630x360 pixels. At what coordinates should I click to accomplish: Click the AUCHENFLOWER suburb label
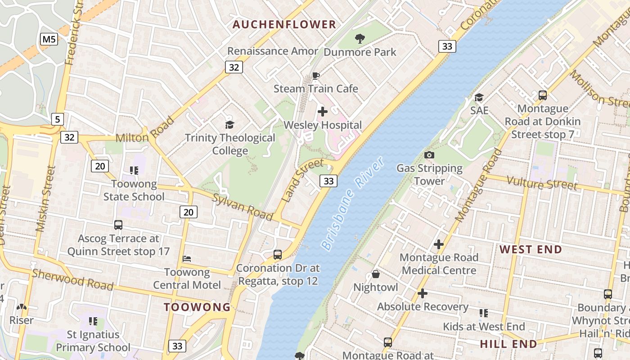pyautogui.click(x=284, y=24)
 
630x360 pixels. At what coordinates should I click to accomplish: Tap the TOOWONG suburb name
pyautogui.click(x=197, y=307)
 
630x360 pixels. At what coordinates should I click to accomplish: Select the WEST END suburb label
pyautogui.click(x=531, y=249)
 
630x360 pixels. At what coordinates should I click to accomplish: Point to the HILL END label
pyautogui.click(x=508, y=344)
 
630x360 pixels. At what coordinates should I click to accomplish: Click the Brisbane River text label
pyautogui.click(x=353, y=204)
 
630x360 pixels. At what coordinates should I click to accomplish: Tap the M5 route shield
pyautogui.click(x=49, y=39)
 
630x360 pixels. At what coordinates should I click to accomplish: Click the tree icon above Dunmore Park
pyautogui.click(x=360, y=39)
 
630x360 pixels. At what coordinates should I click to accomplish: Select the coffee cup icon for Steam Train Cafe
pyautogui.click(x=316, y=76)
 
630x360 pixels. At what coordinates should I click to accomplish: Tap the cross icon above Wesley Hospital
pyautogui.click(x=323, y=112)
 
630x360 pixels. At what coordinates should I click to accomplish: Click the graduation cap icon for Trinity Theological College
pyautogui.click(x=230, y=125)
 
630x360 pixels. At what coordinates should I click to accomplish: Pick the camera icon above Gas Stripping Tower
pyautogui.click(x=429, y=155)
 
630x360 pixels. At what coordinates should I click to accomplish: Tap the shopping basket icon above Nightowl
pyautogui.click(x=376, y=274)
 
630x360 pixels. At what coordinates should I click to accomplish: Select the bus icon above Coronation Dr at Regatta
pyautogui.click(x=278, y=255)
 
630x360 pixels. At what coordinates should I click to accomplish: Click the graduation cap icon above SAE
pyautogui.click(x=479, y=97)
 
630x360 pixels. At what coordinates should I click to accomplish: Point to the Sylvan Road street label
pyautogui.click(x=243, y=207)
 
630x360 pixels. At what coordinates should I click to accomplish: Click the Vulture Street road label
pyautogui.click(x=542, y=183)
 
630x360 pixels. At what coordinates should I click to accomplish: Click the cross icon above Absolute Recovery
pyautogui.click(x=422, y=293)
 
